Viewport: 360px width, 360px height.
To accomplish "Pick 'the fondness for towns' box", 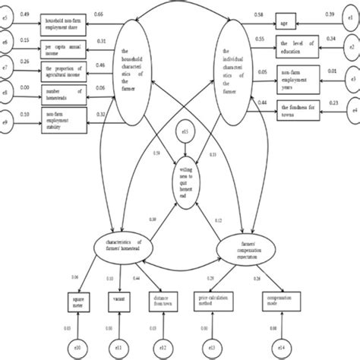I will pyautogui.click(x=296, y=107).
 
